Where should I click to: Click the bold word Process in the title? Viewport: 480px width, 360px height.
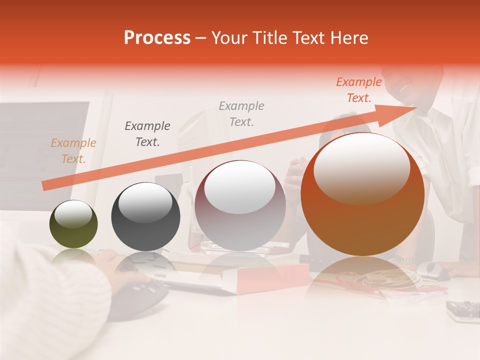point(157,38)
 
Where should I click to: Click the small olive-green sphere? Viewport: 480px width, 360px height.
point(73,224)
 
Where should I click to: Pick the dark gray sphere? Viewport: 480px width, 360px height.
point(145,216)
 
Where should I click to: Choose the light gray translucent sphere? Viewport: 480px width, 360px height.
point(240,205)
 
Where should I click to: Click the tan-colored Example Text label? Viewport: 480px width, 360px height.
point(73,151)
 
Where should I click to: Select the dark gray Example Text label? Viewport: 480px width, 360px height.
point(147,133)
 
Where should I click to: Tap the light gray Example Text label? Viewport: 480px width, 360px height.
point(241,113)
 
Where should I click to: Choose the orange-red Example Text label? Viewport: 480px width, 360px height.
point(359,90)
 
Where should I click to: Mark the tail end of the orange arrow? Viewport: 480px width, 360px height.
point(44,186)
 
